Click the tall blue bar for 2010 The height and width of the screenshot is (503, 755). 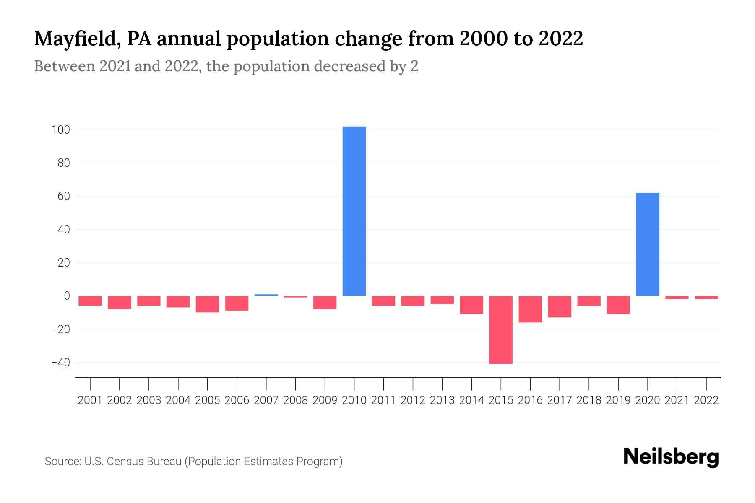click(354, 211)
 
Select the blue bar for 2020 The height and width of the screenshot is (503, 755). click(647, 244)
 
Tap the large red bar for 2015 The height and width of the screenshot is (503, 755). click(500, 330)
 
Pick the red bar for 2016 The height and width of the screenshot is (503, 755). click(530, 309)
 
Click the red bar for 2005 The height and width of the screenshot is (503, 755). click(207, 304)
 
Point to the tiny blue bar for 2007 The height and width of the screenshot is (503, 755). click(266, 295)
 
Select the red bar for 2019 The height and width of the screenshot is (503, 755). click(618, 305)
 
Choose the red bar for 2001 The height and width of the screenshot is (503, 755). click(90, 301)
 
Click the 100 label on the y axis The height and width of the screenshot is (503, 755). click(60, 130)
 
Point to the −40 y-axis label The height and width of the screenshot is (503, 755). click(60, 363)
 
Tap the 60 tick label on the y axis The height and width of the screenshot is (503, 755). click(63, 196)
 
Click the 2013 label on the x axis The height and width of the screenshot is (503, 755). click(442, 400)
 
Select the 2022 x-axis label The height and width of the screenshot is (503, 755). click(706, 400)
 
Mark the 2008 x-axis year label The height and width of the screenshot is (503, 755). click(295, 400)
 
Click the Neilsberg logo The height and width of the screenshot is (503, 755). click(671, 457)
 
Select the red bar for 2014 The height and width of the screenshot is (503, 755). click(471, 305)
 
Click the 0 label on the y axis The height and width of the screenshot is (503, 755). click(67, 296)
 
